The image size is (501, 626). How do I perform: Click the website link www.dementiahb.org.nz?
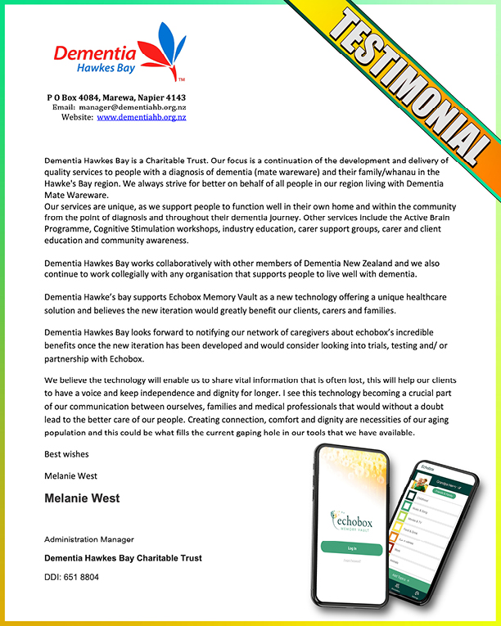[142, 117]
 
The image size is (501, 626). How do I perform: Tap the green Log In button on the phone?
[352, 547]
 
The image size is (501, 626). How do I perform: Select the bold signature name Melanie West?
[82, 498]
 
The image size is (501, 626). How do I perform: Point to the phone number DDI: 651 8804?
[72, 576]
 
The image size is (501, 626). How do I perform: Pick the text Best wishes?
[66, 453]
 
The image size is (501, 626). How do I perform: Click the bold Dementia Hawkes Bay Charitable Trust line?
[123, 558]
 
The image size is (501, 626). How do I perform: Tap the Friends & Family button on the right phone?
[445, 493]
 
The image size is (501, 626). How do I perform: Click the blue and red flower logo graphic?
[165, 49]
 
